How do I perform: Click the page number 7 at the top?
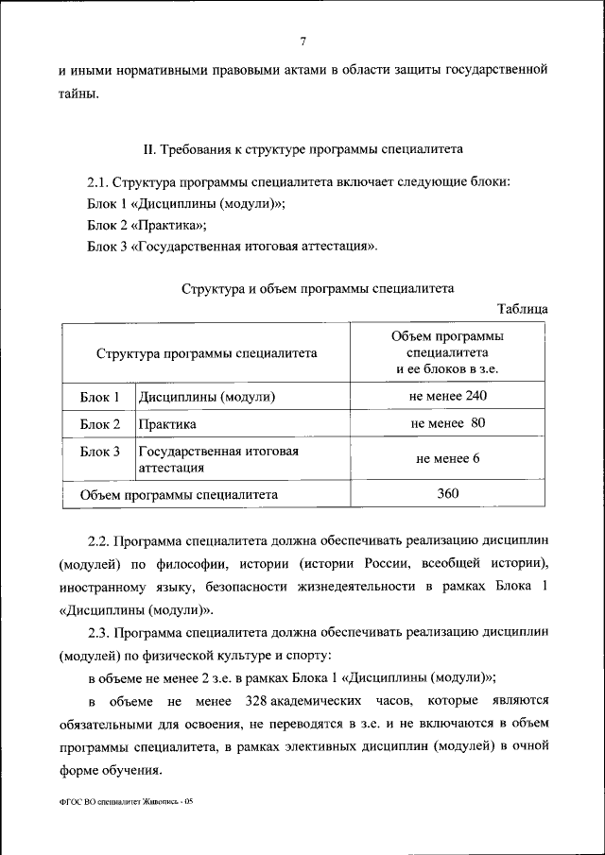tap(302, 40)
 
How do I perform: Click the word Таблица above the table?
tap(521, 309)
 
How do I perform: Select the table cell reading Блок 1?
tap(100, 397)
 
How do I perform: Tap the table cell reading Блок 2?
tap(100, 424)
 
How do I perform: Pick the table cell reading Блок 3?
tap(100, 453)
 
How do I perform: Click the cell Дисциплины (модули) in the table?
tap(209, 397)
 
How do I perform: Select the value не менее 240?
tap(448, 396)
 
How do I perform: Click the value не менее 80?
tap(448, 423)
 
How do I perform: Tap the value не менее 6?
tap(448, 459)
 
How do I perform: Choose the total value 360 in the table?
tap(448, 493)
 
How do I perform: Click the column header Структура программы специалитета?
tap(206, 352)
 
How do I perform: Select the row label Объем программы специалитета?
tap(179, 494)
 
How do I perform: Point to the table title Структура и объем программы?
tap(319, 289)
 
